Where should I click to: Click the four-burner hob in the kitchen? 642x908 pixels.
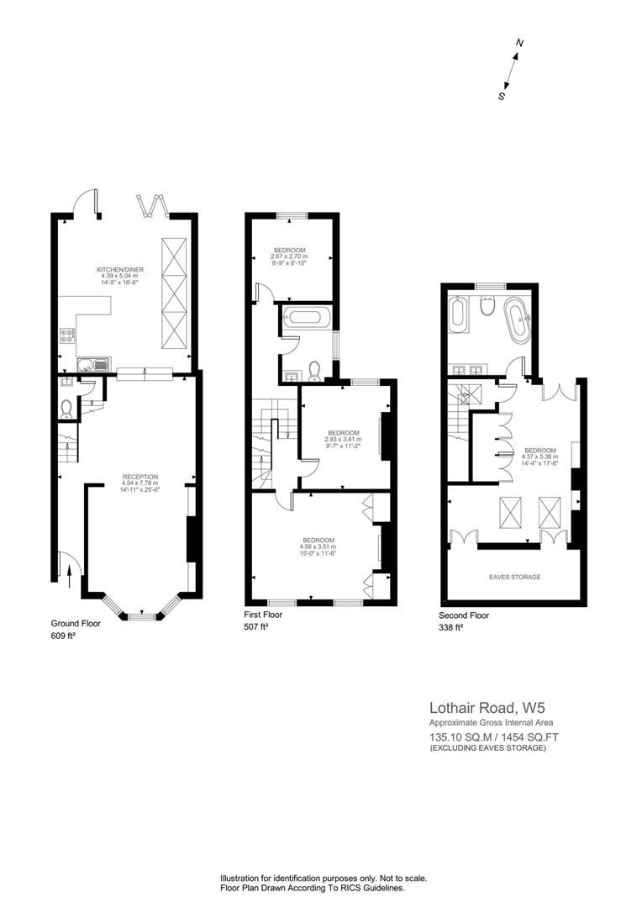click(66, 338)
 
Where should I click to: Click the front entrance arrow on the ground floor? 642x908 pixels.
click(69, 575)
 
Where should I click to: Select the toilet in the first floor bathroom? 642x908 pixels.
click(315, 370)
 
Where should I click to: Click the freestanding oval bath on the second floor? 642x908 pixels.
click(514, 320)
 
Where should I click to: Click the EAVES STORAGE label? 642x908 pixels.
click(514, 578)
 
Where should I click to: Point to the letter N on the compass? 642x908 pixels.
click(520, 43)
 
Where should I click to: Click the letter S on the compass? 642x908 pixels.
click(502, 96)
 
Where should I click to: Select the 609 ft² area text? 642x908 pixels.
click(64, 636)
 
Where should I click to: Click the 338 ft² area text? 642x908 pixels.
click(451, 627)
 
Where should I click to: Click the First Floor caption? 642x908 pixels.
click(264, 615)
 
